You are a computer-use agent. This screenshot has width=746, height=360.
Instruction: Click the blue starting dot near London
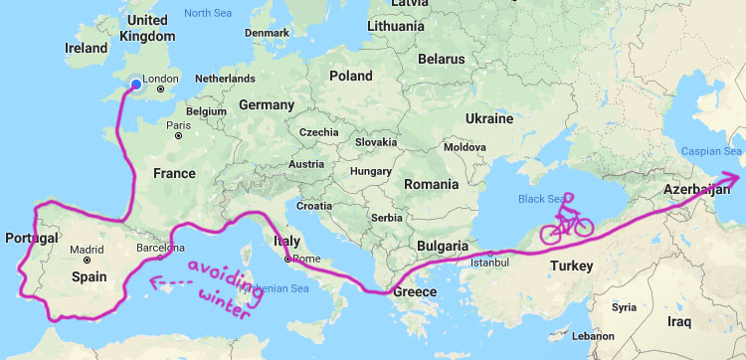click(134, 87)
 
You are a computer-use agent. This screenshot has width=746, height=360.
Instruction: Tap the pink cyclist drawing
click(567, 220)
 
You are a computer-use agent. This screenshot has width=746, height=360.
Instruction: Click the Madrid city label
click(87, 250)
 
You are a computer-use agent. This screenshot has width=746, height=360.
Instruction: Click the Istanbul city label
click(488, 263)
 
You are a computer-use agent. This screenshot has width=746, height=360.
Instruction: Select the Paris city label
click(179, 125)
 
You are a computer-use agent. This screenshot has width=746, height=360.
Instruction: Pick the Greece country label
click(416, 292)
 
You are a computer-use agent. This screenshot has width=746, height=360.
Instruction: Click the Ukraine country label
click(488, 118)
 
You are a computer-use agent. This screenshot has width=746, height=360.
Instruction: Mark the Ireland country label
click(86, 48)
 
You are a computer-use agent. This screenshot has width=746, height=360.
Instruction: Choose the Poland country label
click(350, 76)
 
